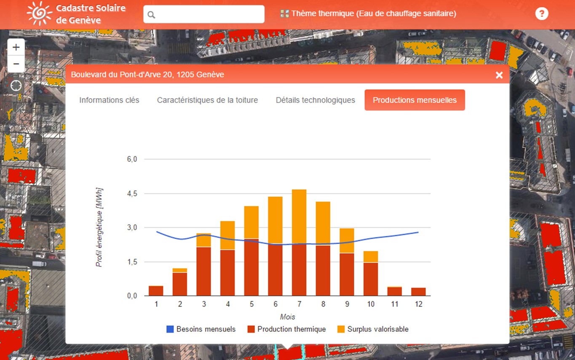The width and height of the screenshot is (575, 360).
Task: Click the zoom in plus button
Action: click(x=16, y=47)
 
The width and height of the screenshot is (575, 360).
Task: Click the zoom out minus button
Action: click(x=16, y=64)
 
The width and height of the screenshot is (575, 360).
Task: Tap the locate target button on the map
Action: click(x=16, y=86)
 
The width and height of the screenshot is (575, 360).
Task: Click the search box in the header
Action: click(x=204, y=14)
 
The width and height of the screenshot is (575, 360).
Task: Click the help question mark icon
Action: click(x=542, y=14)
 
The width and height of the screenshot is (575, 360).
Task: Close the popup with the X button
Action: click(x=499, y=75)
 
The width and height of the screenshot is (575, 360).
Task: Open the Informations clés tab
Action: click(x=109, y=100)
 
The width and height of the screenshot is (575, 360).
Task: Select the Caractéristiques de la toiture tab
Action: click(x=207, y=100)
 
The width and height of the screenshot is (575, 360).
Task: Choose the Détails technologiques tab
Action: click(x=315, y=100)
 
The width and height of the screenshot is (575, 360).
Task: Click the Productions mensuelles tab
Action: click(x=415, y=100)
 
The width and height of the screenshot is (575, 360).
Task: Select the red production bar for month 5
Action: click(x=251, y=267)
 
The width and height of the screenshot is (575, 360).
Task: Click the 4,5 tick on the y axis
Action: click(x=132, y=193)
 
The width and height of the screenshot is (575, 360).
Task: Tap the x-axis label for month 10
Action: click(x=371, y=304)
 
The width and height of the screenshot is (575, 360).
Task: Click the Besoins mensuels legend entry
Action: click(x=201, y=329)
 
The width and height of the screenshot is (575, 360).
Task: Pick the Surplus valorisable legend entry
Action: click(x=373, y=329)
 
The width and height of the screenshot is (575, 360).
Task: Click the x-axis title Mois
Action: click(x=287, y=317)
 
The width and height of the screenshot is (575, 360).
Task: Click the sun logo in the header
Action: click(x=39, y=13)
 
